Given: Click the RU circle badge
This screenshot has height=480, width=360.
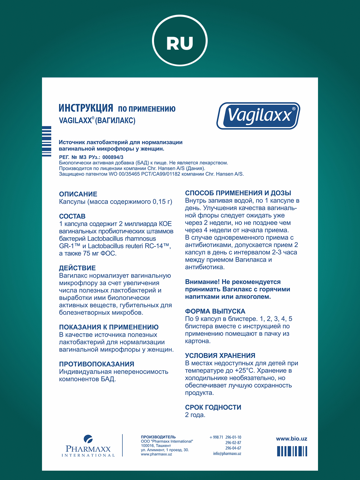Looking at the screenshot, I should [x=180, y=41].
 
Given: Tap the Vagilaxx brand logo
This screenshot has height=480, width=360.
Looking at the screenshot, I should [x=259, y=116].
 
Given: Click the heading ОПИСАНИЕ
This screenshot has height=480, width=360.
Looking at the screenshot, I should [x=78, y=194].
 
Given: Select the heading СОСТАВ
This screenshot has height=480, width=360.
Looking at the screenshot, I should [x=72, y=216].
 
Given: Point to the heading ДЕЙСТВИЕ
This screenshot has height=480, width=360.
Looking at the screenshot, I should [x=77, y=268].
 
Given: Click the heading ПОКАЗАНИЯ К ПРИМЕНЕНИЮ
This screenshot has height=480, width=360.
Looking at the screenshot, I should [x=109, y=327].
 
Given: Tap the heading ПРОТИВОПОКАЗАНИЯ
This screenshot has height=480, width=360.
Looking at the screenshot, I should [x=97, y=364].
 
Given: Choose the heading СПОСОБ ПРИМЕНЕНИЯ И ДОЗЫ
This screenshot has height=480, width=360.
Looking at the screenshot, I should [x=238, y=193].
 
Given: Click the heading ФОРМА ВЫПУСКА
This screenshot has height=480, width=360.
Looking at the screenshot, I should [x=215, y=311].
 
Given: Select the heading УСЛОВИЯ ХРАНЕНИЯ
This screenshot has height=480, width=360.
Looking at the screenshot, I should [x=220, y=356].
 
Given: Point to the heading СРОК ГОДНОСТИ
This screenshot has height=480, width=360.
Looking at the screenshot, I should [x=213, y=407].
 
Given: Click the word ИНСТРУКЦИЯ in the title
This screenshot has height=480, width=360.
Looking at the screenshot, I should [x=86, y=108].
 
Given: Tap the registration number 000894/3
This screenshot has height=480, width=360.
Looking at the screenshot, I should [x=113, y=157].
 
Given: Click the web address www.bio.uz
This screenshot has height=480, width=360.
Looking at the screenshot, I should [x=291, y=439].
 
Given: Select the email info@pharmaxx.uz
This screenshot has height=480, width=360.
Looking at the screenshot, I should [x=227, y=454].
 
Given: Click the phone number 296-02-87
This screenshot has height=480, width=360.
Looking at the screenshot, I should [x=233, y=443].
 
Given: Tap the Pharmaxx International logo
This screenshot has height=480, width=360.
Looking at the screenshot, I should [x=88, y=446].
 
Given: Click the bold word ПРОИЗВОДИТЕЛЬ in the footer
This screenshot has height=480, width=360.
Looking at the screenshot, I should [x=158, y=437].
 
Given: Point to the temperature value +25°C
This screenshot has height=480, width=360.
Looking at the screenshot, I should [x=245, y=371].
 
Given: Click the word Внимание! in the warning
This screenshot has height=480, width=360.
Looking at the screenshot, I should [x=202, y=282].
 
